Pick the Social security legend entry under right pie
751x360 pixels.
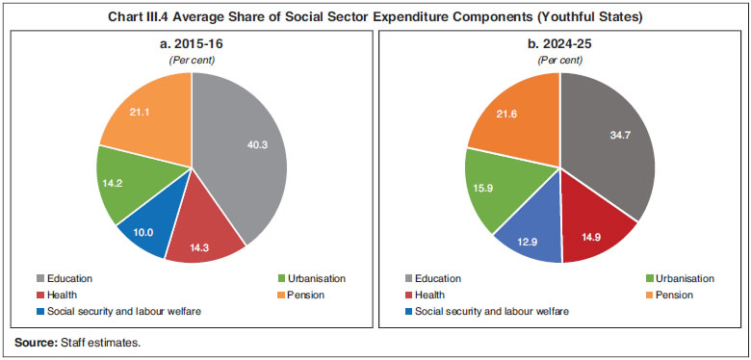click(x=485, y=311)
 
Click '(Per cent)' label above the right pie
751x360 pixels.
click(x=560, y=60)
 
